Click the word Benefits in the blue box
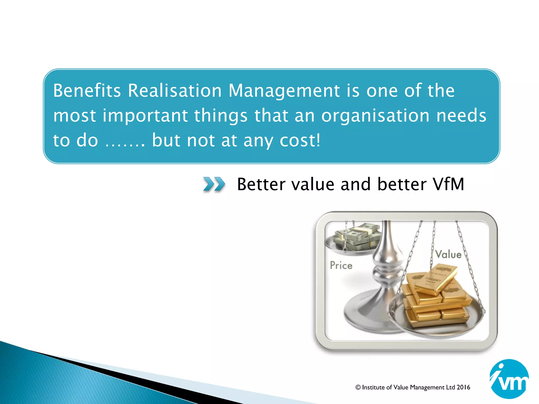[87, 90]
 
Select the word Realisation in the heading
[175, 90]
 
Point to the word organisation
[376, 116]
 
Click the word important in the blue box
[145, 116]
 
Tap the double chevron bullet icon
[214, 184]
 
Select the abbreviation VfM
[448, 184]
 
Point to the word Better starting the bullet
[261, 184]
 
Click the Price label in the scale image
[341, 265]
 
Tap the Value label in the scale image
[448, 254]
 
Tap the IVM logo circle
[509, 379]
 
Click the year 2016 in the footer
[463, 387]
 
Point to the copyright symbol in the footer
[358, 387]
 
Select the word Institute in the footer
[373, 387]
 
